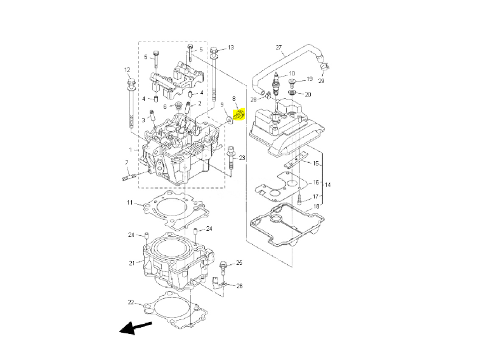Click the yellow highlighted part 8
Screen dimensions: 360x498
(x=239, y=115)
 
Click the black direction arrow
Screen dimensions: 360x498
(x=135, y=328)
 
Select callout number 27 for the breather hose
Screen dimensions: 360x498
(x=278, y=48)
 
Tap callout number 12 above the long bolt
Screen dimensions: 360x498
(x=127, y=69)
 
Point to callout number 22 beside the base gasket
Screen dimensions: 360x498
(x=131, y=302)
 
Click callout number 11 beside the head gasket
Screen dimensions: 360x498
(x=129, y=203)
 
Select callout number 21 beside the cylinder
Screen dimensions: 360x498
(x=132, y=263)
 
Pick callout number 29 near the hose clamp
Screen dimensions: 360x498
(x=321, y=81)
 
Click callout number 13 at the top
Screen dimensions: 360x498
(x=230, y=48)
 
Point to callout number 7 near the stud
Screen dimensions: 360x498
(x=126, y=163)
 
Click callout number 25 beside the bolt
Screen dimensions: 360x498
(x=239, y=262)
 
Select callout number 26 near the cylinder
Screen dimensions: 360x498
(x=240, y=286)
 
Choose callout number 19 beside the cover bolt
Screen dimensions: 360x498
(x=310, y=80)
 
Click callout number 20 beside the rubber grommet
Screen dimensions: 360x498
(x=308, y=94)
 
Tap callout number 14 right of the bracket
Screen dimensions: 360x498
(x=328, y=184)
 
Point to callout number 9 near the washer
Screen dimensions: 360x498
(x=222, y=105)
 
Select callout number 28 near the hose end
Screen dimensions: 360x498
(x=253, y=99)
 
